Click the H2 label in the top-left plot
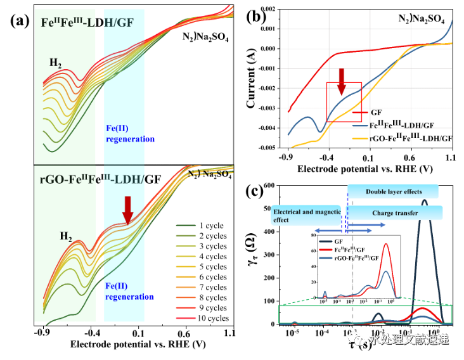point(56,62)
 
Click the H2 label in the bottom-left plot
point(65,236)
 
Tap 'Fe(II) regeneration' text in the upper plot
point(129,134)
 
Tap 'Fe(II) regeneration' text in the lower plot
point(129,291)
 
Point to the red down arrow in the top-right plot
point(342,82)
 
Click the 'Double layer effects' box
point(393,191)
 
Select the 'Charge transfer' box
point(395,213)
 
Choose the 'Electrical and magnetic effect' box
point(307,215)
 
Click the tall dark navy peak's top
point(424,202)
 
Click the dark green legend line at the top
point(186,225)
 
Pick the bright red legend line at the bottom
point(186,318)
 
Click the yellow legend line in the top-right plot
point(361,138)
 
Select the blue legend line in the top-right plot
point(361,126)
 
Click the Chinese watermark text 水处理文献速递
point(409,340)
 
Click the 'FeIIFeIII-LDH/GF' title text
point(87,23)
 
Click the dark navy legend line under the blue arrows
point(326,241)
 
